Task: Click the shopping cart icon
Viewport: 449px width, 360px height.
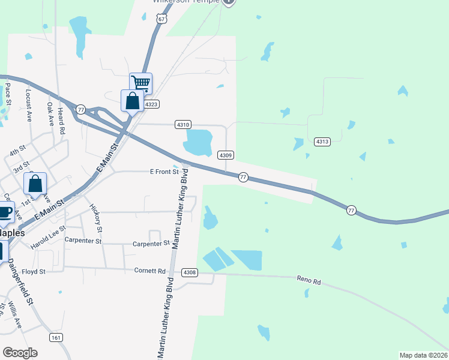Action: point(140,83)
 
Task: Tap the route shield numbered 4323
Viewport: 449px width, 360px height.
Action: point(151,104)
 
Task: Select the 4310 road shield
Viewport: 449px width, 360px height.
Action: point(183,124)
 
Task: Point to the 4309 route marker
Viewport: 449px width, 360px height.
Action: point(226,155)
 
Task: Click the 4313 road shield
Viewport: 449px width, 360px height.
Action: point(322,142)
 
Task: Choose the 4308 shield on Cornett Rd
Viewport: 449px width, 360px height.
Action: point(190,272)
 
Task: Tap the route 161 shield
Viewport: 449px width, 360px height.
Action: point(56,337)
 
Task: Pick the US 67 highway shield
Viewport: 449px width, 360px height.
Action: point(161,19)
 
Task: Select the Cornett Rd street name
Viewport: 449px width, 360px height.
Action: point(149,271)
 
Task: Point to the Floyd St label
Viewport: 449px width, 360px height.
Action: point(34,272)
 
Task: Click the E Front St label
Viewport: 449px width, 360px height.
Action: point(164,172)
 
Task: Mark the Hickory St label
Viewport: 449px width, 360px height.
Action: point(96,218)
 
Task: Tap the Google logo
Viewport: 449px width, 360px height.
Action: point(20,353)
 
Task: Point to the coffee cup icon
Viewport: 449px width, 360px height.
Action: point(5,212)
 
